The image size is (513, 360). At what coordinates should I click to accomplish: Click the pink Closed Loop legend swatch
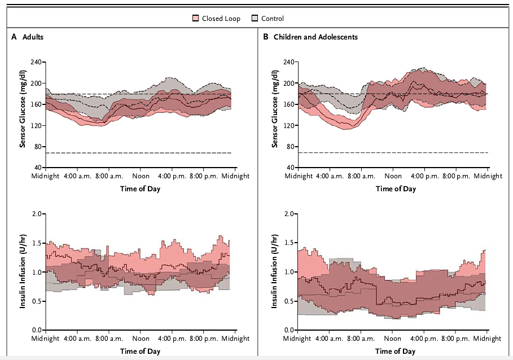pyautogui.click(x=196, y=19)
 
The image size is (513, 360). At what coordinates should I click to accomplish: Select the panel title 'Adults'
pyautogui.click(x=33, y=37)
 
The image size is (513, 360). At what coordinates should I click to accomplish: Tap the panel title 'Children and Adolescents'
pyautogui.click(x=315, y=37)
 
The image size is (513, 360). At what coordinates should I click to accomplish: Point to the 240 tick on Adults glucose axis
pyautogui.click(x=37, y=62)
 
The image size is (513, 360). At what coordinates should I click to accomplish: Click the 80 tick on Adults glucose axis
pyautogui.click(x=39, y=147)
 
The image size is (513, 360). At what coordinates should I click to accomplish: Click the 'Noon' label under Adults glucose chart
pyautogui.click(x=141, y=176)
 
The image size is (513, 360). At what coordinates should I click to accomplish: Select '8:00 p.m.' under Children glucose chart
pyautogui.click(x=457, y=176)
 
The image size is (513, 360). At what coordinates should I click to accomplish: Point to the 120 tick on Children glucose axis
pyautogui.click(x=290, y=125)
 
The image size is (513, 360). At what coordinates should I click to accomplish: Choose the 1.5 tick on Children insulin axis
pyautogui.click(x=290, y=243)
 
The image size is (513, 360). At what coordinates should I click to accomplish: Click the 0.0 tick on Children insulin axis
pyautogui.click(x=290, y=330)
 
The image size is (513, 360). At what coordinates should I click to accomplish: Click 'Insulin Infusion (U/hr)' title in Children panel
pyautogui.click(x=275, y=271)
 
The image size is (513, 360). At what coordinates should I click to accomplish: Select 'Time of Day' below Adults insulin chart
pyautogui.click(x=140, y=350)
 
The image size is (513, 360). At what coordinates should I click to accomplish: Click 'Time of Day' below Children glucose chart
pyautogui.click(x=396, y=188)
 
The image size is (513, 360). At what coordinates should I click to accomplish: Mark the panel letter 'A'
pyautogui.click(x=14, y=37)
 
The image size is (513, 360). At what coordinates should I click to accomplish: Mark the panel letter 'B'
pyautogui.click(x=266, y=37)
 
